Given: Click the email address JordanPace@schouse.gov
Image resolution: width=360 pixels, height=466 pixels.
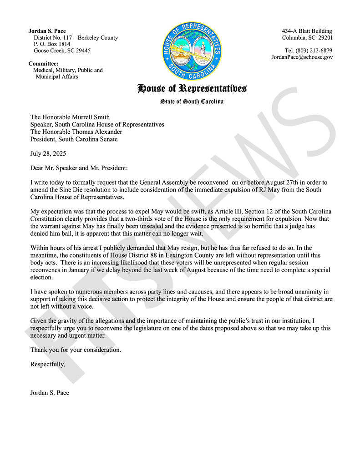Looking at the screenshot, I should click(x=302, y=57).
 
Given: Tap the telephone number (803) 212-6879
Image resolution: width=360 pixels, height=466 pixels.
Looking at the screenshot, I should click(x=309, y=51).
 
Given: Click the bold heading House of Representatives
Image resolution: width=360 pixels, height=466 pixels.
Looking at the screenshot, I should click(x=192, y=88).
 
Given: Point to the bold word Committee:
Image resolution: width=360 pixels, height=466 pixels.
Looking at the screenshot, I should click(x=43, y=64).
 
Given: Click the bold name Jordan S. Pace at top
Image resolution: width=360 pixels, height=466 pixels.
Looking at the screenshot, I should click(x=47, y=31).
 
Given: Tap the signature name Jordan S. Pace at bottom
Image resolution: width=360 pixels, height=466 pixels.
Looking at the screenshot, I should click(x=50, y=392).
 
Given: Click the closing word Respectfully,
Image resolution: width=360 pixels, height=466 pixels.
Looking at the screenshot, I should click(x=48, y=364).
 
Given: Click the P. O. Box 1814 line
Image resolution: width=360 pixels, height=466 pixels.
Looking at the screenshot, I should click(x=52, y=44).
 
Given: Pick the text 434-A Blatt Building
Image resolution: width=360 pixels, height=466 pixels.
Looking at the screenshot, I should click(x=307, y=31).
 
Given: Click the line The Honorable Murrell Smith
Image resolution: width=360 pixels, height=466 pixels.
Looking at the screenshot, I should click(x=70, y=117).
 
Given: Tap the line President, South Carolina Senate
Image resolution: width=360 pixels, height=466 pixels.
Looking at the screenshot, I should click(x=74, y=139).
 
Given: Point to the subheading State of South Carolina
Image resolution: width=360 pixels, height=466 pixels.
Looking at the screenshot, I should click(x=192, y=101).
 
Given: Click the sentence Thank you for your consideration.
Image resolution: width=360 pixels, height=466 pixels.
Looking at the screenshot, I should click(x=76, y=350).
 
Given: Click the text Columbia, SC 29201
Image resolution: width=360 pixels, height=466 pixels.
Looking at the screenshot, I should click(x=307, y=38).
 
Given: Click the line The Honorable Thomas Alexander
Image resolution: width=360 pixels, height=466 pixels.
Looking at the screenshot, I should click(x=76, y=132).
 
